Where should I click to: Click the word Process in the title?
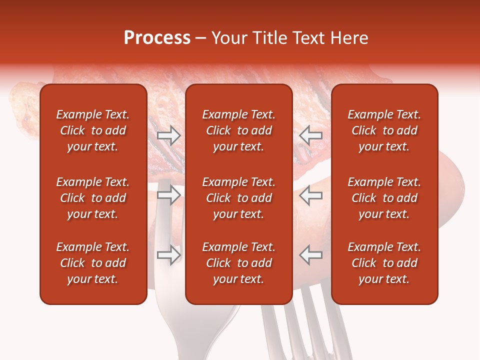click(x=157, y=38)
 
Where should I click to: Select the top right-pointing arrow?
click(x=168, y=135)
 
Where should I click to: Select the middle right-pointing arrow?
click(x=168, y=195)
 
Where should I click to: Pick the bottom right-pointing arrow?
click(x=168, y=255)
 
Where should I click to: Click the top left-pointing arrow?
click(x=311, y=135)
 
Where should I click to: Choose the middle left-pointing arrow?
click(x=311, y=195)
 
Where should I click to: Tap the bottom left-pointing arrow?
click(x=311, y=255)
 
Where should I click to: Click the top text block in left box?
click(x=93, y=130)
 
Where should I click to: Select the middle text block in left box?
click(x=93, y=198)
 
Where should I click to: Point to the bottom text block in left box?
click(x=93, y=263)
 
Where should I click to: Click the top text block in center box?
click(x=238, y=130)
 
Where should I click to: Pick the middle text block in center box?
click(x=238, y=198)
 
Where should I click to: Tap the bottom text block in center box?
click(x=238, y=263)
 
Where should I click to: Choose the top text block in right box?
click(x=384, y=130)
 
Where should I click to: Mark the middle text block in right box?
click(x=384, y=198)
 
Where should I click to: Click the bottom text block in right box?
click(x=384, y=263)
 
